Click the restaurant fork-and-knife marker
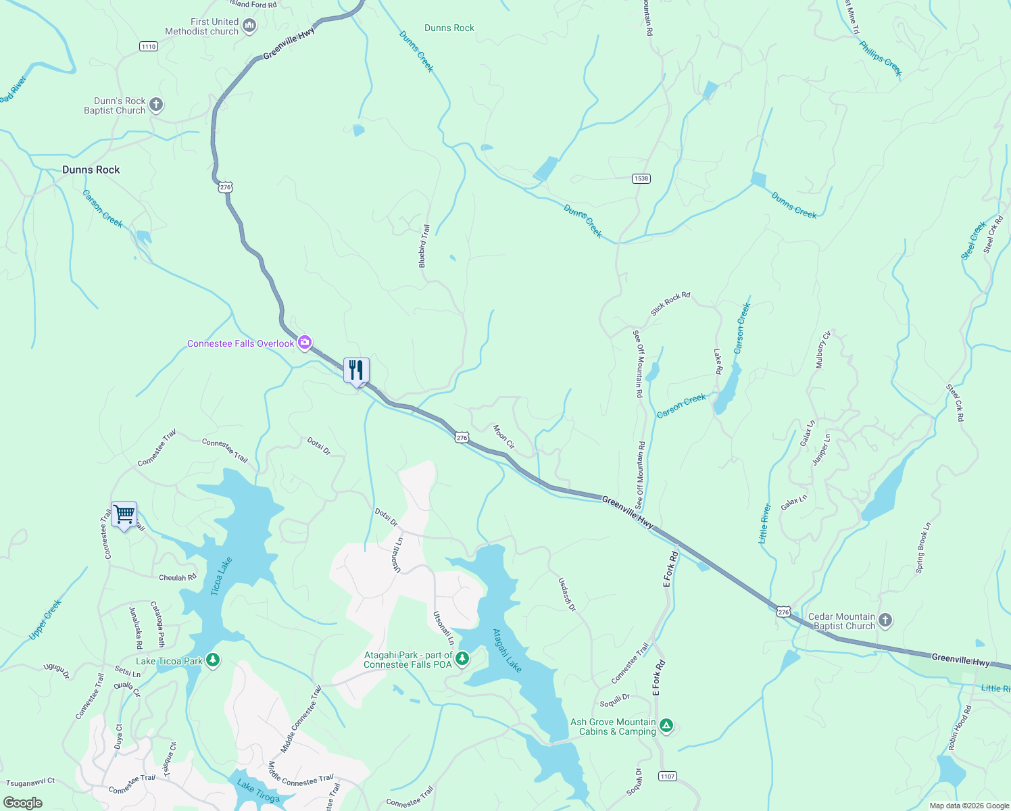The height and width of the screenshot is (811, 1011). (356, 370)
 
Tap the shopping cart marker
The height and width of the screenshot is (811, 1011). (124, 515)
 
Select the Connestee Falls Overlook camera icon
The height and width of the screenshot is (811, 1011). (305, 343)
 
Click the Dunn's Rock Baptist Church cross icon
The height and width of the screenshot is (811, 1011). (156, 105)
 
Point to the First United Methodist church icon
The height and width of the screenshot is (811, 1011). (249, 26)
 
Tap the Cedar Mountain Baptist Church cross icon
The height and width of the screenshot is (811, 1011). (885, 620)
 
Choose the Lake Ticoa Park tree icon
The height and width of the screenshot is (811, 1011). (213, 660)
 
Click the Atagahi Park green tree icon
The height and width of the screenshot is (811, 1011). (462, 658)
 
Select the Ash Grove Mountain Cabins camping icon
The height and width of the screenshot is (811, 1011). (666, 726)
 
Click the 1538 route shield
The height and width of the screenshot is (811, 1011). (641, 178)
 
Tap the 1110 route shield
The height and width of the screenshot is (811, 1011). (148, 46)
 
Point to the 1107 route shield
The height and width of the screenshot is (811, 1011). (668, 776)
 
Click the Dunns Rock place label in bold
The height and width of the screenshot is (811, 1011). (91, 170)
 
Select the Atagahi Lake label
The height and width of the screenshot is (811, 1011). (507, 651)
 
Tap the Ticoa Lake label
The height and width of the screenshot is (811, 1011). (221, 576)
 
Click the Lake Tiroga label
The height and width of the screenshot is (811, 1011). (258, 792)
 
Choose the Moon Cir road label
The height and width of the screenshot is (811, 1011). (503, 437)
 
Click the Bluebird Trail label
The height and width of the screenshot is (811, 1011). (424, 246)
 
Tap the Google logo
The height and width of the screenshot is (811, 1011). (22, 802)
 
